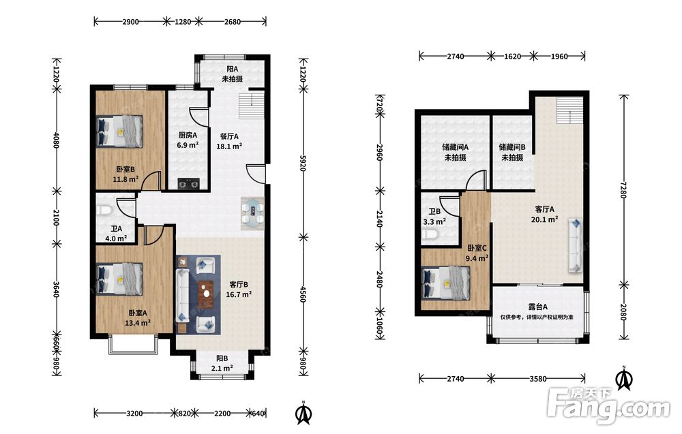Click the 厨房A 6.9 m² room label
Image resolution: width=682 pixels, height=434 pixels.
point(188,140)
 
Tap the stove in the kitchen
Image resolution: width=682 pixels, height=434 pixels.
point(189,184)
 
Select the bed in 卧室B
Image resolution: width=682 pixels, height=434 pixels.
point(119,131)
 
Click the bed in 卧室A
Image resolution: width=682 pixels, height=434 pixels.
point(119,279)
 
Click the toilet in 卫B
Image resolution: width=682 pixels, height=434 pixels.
point(429,235)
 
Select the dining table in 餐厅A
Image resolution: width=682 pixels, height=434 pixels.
point(253,213)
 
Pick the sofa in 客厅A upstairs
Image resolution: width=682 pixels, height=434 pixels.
point(575,245)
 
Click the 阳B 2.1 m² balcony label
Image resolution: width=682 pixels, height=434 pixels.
point(222,363)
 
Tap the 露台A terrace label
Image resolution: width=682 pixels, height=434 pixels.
point(537,307)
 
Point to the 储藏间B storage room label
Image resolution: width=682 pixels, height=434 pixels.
point(512,152)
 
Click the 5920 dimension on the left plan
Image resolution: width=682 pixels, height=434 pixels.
point(303,161)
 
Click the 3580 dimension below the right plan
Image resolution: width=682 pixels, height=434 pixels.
point(538,378)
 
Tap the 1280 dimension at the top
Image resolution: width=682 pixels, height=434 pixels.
point(183,21)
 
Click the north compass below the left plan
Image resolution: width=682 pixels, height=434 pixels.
point(303,414)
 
